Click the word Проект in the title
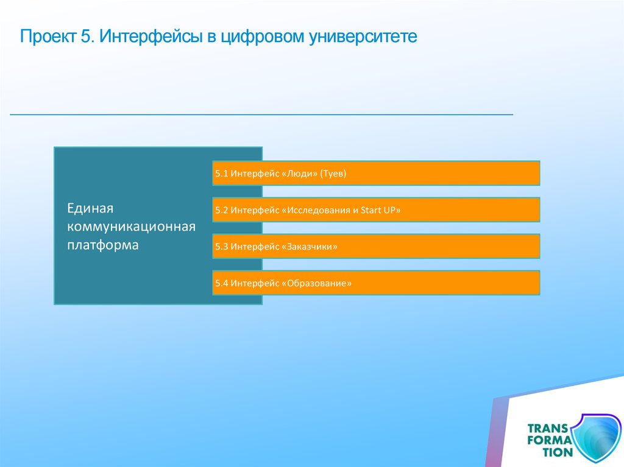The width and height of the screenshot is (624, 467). click(x=48, y=36)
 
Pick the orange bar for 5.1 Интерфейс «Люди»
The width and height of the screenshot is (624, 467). click(x=376, y=174)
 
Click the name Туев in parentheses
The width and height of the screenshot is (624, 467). click(x=333, y=174)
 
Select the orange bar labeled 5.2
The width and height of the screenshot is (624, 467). click(x=376, y=209)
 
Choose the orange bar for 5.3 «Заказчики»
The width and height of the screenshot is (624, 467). click(x=376, y=246)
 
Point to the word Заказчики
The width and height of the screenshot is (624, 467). click(x=310, y=247)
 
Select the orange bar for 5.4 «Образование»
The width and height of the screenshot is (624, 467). click(x=376, y=283)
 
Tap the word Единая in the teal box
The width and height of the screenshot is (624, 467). click(x=90, y=208)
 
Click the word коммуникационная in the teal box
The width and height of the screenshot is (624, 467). click(x=132, y=226)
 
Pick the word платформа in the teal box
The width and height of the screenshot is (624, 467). click(x=102, y=245)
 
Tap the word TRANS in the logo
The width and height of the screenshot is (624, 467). click(x=548, y=429)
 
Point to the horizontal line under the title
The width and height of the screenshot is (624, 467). click(x=261, y=114)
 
